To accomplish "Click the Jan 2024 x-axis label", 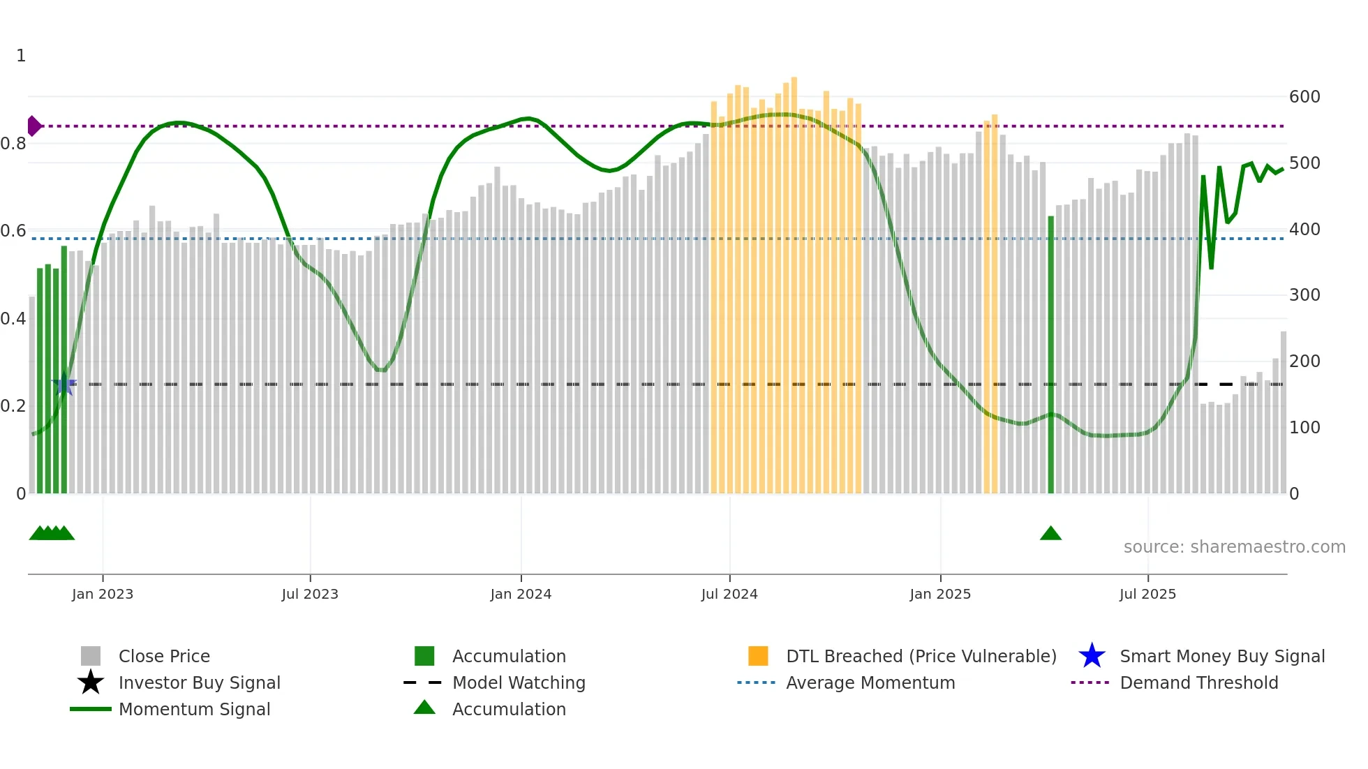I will point(521,594).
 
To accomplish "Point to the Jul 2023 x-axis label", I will point(310,594).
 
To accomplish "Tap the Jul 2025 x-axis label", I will point(1147,594).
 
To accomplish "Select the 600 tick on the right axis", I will point(1304,97).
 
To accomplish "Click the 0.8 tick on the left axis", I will point(13,144).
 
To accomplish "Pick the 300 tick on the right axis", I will point(1304,295).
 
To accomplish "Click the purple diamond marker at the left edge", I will point(34,126).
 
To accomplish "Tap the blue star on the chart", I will point(64,384).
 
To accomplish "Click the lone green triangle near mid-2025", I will point(1050,534).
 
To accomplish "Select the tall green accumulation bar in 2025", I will point(1050,356).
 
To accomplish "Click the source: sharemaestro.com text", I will point(1234,547).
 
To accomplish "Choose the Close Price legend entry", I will point(164,656).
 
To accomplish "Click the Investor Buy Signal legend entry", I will point(199,682).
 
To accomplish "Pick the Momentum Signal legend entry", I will point(194,709).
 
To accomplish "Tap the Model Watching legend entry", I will point(519,682).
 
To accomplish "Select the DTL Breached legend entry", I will point(921,656).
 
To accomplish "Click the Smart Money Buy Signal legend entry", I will point(1221,656).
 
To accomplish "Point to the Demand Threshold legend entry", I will point(1198,682).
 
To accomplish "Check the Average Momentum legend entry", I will point(870,682).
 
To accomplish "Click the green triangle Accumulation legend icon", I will point(424,708).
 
